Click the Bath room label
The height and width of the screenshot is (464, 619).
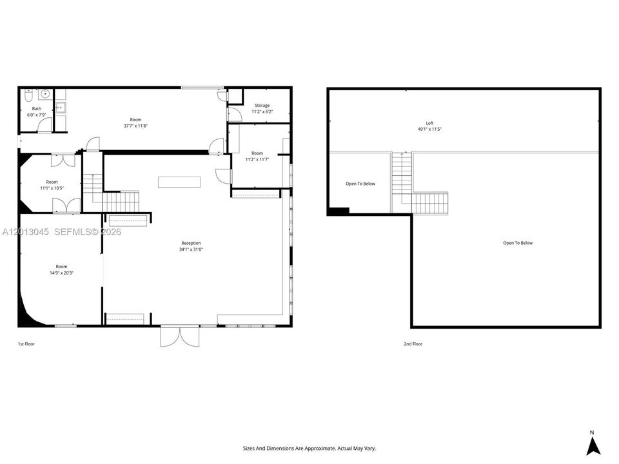(x=36, y=108)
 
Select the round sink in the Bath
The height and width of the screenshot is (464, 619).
(x=45, y=94)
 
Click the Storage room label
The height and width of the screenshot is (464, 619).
(x=262, y=105)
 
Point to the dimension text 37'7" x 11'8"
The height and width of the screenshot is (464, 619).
(x=136, y=126)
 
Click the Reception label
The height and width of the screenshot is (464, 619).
(x=191, y=243)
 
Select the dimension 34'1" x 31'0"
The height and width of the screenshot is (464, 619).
(x=191, y=249)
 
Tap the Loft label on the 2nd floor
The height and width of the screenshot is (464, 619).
(x=429, y=123)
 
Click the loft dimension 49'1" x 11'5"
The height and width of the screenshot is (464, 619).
(x=429, y=129)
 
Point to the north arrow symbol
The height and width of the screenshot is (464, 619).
(x=593, y=446)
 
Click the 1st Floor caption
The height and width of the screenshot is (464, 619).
(x=26, y=344)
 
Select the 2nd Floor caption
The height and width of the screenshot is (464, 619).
(x=413, y=344)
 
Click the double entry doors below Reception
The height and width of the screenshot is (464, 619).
(x=180, y=336)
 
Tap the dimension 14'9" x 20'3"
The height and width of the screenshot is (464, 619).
(x=62, y=273)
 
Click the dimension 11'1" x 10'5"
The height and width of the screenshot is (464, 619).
(x=52, y=188)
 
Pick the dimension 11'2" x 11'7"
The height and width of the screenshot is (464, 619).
(x=257, y=159)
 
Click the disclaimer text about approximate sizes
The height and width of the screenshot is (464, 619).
(x=309, y=449)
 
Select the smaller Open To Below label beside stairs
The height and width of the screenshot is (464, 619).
(x=360, y=184)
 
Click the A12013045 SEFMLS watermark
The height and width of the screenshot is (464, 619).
(x=62, y=232)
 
